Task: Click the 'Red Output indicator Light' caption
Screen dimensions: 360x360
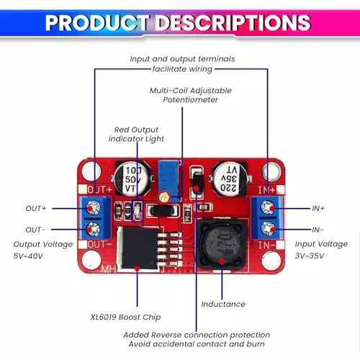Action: click(137, 133)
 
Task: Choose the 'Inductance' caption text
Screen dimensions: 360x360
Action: click(223, 304)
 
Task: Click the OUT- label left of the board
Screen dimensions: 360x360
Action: click(35, 230)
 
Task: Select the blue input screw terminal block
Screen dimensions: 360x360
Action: click(267, 219)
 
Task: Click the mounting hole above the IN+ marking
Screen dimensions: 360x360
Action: click(270, 170)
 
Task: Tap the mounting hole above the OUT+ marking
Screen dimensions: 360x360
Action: click(91, 171)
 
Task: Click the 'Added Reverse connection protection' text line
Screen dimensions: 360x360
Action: click(197, 335)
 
